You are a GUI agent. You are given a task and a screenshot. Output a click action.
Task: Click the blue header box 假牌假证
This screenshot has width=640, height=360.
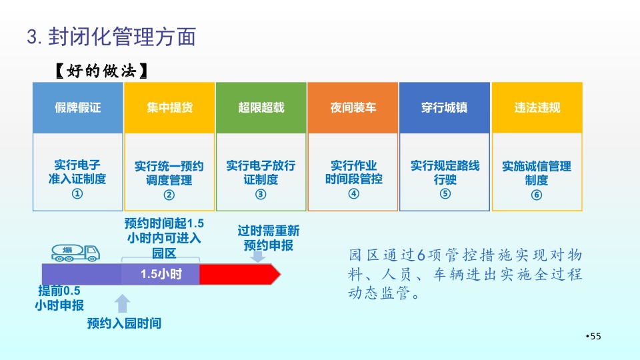(x=77, y=108)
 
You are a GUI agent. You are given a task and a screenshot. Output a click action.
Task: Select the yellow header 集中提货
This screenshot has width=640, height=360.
(x=169, y=108)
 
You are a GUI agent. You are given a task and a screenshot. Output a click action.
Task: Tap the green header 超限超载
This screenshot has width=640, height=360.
(x=261, y=108)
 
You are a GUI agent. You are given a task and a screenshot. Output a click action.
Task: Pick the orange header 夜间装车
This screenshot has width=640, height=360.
(x=353, y=108)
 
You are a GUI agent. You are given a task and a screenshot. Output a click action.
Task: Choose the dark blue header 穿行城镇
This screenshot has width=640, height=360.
(x=445, y=108)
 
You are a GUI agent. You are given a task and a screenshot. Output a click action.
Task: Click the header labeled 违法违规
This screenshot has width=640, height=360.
(x=537, y=108)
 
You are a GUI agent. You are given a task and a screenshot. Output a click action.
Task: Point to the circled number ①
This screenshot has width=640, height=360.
(x=77, y=193)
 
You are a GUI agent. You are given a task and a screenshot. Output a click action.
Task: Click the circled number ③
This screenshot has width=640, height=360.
(x=261, y=194)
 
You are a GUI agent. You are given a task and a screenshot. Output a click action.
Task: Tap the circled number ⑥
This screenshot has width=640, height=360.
(x=537, y=195)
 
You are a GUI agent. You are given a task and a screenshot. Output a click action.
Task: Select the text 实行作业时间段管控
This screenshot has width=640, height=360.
(x=353, y=172)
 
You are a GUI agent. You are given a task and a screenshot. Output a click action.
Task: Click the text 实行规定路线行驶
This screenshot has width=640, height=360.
(x=445, y=172)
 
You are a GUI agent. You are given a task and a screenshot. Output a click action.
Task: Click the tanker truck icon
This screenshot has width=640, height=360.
(x=75, y=253)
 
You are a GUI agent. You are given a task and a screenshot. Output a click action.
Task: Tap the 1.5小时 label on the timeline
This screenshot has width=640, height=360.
(x=161, y=274)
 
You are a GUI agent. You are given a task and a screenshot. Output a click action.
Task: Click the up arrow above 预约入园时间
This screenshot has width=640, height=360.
(x=123, y=304)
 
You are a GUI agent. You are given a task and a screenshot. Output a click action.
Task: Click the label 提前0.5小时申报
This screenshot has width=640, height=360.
(x=59, y=298)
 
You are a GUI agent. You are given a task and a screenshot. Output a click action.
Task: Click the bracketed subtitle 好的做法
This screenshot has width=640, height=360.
(x=101, y=71)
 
